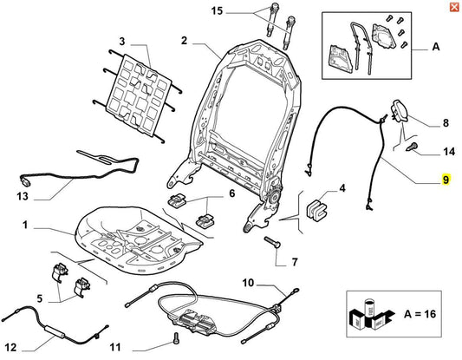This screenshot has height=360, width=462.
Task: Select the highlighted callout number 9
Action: (x=445, y=181)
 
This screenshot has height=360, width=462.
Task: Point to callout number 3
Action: (x=122, y=41)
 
